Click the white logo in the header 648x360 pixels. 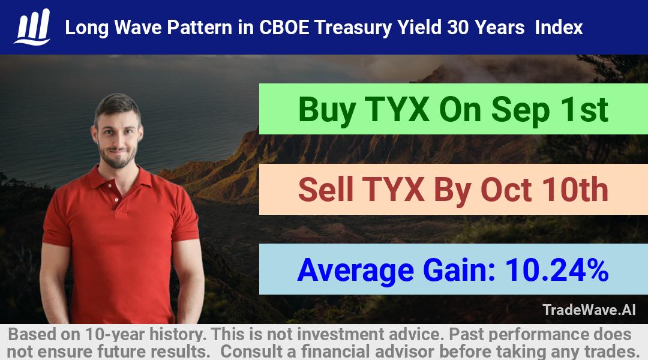coord(32,27)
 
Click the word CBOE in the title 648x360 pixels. coord(284,28)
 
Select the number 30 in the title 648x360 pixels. coord(458,28)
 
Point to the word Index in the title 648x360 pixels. coord(559,28)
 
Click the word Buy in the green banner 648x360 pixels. coord(327,110)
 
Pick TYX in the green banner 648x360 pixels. coord(397,110)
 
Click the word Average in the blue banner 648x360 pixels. coord(356,271)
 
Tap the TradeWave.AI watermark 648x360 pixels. coord(589,310)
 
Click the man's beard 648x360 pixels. coord(118,156)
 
